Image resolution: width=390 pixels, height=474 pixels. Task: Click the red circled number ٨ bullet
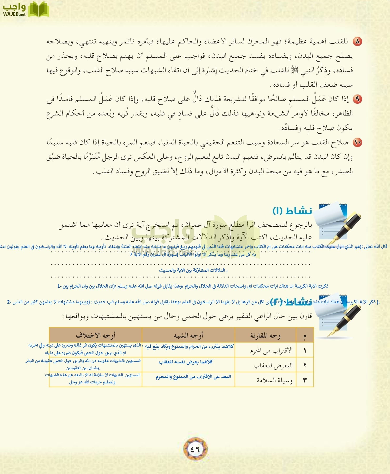(x=357, y=42)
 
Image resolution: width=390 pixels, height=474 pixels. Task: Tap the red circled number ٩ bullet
(x=357, y=99)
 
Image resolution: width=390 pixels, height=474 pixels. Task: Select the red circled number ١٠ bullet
(x=357, y=142)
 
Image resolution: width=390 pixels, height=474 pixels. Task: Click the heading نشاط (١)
(x=292, y=211)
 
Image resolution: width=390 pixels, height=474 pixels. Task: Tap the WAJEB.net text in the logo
(x=14, y=14)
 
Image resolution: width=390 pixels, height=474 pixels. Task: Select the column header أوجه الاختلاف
(x=96, y=335)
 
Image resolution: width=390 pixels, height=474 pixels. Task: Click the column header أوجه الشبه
(x=188, y=335)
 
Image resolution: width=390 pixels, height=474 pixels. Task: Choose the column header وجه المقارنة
(x=265, y=335)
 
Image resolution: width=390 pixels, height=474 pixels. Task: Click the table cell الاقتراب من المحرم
(x=271, y=350)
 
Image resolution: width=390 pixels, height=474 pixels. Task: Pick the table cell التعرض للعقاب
(x=273, y=365)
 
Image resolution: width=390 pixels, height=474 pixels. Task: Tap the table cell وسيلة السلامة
(x=274, y=380)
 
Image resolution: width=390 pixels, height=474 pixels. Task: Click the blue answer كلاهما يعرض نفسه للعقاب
(x=186, y=362)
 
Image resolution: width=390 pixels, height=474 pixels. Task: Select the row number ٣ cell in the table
(x=305, y=380)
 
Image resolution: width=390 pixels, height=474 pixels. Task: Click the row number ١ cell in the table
(x=305, y=350)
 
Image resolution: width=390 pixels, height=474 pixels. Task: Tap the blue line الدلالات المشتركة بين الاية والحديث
(x=193, y=270)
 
